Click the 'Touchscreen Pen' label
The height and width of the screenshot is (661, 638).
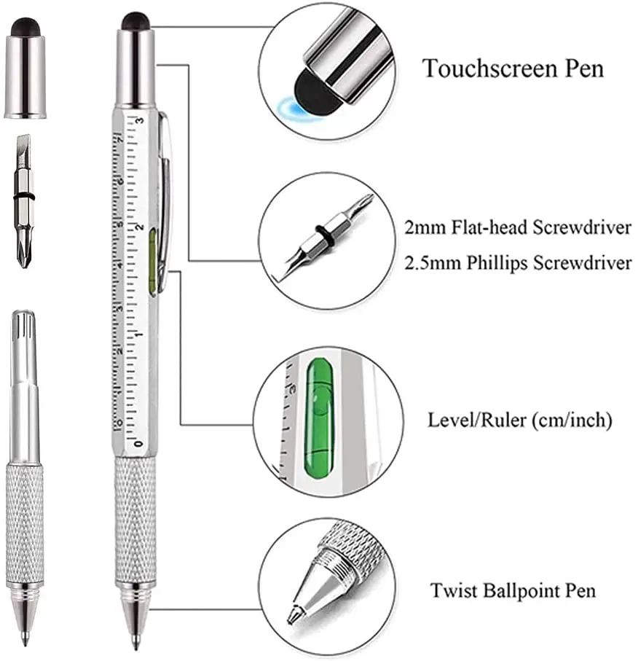[513, 69]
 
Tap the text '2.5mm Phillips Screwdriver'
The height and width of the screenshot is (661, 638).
[518, 262]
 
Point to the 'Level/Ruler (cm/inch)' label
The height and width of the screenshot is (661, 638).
[519, 421]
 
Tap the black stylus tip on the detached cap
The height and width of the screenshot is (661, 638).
[25, 26]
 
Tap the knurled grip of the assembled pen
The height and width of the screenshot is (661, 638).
[135, 517]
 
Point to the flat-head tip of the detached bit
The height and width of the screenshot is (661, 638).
[23, 151]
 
